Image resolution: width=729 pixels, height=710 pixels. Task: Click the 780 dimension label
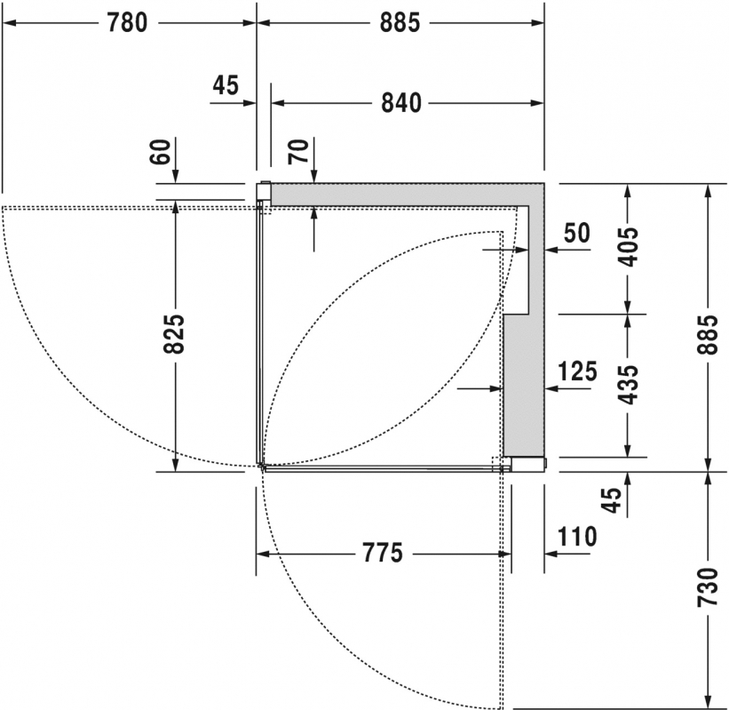(127, 22)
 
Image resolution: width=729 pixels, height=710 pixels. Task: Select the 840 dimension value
(401, 103)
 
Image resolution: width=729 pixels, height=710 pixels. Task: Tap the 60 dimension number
(161, 152)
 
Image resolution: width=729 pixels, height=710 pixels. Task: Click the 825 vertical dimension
(174, 334)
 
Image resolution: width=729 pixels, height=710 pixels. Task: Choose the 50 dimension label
(577, 233)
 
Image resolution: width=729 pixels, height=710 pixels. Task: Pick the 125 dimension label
(577, 371)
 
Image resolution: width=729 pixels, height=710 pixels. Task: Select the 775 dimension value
(382, 553)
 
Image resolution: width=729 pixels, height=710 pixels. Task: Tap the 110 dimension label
(577, 537)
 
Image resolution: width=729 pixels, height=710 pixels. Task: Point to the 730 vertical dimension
(708, 587)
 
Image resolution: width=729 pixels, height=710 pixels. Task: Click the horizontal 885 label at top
(400, 22)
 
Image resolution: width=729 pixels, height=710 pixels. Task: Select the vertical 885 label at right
(708, 334)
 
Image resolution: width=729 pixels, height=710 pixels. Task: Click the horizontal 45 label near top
(226, 85)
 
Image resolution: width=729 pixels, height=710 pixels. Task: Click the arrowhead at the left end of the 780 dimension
(9, 22)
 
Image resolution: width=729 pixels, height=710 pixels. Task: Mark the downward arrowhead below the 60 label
(175, 176)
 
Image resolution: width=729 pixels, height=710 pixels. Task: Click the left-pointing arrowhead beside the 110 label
(552, 554)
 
